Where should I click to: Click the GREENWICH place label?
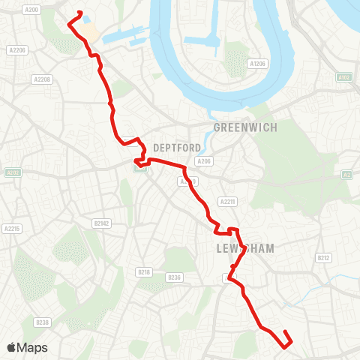coord(245,127)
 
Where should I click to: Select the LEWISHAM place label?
coord(245,248)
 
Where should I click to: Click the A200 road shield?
coord(31,10)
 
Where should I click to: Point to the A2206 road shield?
coord(17,50)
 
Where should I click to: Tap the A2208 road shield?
coord(42,79)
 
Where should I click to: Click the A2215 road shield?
coord(11,229)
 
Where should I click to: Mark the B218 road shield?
coord(144,271)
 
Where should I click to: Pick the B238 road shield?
coord(42,322)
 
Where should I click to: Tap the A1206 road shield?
coord(258,64)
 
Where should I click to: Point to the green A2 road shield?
coord(346,175)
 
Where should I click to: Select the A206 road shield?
coord(203,161)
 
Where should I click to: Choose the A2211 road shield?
coord(228,201)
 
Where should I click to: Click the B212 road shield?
coord(323,258)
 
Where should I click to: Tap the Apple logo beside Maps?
coord(11,347)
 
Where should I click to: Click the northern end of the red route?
coord(79,11)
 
